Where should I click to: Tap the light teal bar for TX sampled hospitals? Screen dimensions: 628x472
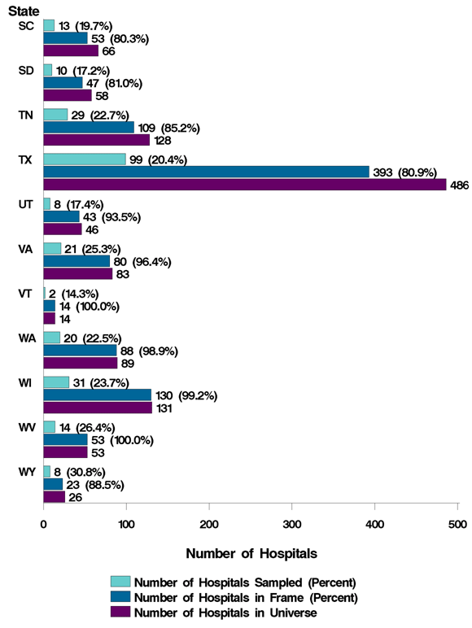coord(84,159)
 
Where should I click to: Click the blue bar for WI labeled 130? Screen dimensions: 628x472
coord(97,395)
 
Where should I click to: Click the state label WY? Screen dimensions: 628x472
coord(25,472)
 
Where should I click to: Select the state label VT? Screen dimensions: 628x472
coord(25,293)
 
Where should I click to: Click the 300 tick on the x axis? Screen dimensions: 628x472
coord(292,525)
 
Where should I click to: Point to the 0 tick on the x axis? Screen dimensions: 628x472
coord(43,525)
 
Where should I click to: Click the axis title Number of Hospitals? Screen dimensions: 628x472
coord(251,553)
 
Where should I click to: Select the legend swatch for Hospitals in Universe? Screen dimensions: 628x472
coord(120,612)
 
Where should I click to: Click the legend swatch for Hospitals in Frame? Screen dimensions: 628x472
coord(120,597)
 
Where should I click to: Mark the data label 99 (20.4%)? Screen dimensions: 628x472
coord(158,159)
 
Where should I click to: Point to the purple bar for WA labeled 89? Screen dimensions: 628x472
coord(80,363)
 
